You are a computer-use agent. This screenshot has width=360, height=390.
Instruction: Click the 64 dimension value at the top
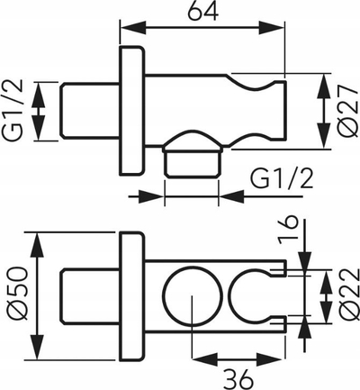click(x=202, y=11)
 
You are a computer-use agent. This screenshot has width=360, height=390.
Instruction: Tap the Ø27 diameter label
click(x=349, y=111)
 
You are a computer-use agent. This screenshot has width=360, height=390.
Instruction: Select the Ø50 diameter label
click(x=19, y=294)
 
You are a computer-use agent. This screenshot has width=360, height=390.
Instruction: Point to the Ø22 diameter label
click(x=350, y=295)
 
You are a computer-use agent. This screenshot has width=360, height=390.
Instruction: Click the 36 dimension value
click(x=238, y=379)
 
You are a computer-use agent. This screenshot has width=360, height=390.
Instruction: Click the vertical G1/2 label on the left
click(x=13, y=110)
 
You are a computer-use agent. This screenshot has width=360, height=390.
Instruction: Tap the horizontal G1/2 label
click(x=282, y=178)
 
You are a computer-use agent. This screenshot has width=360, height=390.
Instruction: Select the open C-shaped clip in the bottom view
click(x=231, y=295)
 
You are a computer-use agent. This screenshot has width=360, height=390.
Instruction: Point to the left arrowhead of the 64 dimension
click(x=132, y=29)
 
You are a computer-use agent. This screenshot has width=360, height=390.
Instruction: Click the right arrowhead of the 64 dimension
click(x=272, y=29)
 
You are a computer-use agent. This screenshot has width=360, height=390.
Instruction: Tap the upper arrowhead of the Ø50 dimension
click(x=37, y=246)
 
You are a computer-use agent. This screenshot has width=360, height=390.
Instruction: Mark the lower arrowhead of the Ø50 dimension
click(x=37, y=346)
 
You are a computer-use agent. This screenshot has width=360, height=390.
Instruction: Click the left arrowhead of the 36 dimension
click(x=204, y=358)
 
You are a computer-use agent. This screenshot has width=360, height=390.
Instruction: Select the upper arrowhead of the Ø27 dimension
click(x=325, y=87)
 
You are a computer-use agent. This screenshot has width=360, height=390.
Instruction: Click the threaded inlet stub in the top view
click(x=90, y=111)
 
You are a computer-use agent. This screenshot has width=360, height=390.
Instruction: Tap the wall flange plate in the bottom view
click(x=130, y=296)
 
